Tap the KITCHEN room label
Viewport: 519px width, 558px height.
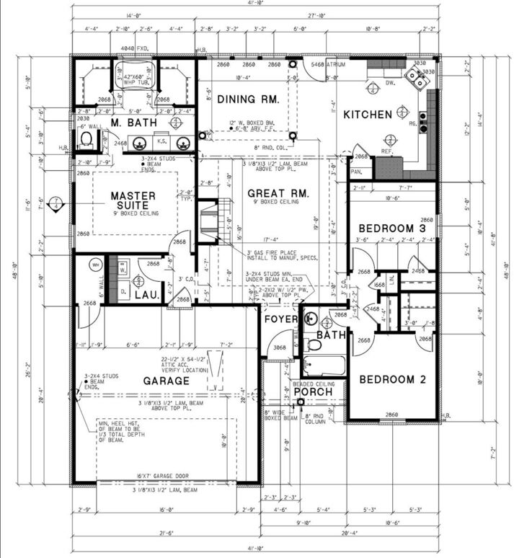pos(368,115)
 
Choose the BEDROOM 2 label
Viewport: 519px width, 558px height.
pos(391,380)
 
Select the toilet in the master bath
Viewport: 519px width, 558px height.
pos(86,138)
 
